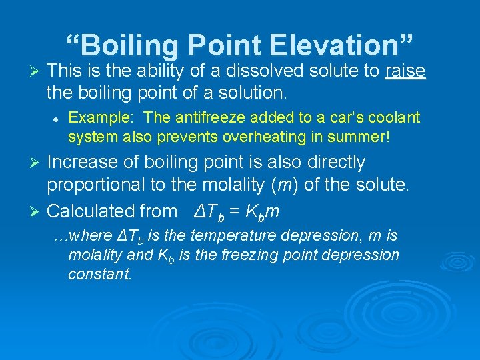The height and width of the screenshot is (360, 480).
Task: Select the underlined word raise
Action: coord(405,71)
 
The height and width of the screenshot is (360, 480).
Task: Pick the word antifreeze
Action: coord(203,118)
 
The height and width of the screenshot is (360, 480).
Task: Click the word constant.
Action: coord(100,274)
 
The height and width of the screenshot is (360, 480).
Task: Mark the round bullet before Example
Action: coord(58,118)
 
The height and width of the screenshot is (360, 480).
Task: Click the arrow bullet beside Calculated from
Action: coord(37,212)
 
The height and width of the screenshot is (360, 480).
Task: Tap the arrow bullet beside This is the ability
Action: coord(37,71)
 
